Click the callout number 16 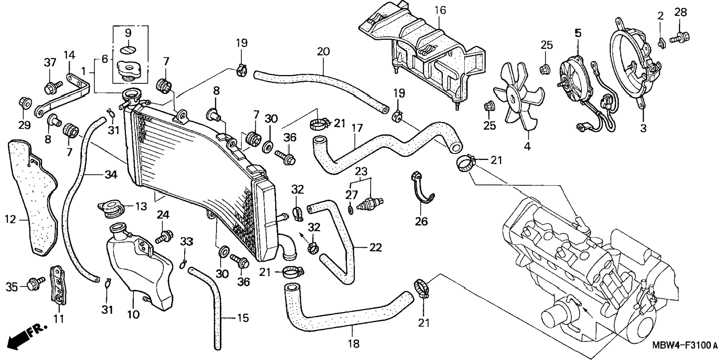click(x=440, y=10)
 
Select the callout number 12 click(x=10, y=220)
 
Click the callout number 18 click(x=353, y=344)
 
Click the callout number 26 click(x=421, y=221)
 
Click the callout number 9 click(x=128, y=33)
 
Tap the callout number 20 click(x=323, y=51)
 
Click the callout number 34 click(x=110, y=174)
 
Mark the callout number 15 click(x=243, y=318)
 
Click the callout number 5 click(x=578, y=33)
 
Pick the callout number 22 click(x=375, y=247)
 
